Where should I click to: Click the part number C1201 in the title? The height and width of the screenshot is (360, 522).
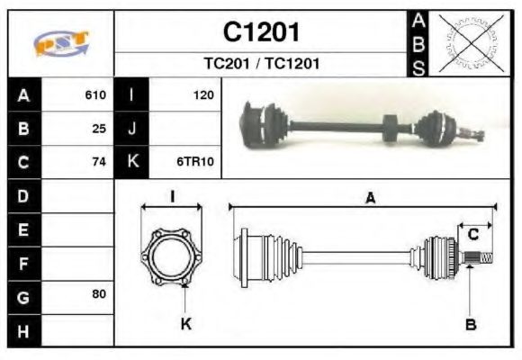point(261,32)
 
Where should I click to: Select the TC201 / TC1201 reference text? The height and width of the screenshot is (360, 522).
point(261,64)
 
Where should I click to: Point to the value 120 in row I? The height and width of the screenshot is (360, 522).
point(202,94)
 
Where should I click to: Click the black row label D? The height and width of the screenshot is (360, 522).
point(22,195)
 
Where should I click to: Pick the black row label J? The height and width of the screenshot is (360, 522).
point(132,128)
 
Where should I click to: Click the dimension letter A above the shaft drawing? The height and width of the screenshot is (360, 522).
point(369,199)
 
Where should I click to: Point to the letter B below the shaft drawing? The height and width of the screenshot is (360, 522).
point(470,324)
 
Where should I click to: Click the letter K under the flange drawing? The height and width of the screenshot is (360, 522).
point(185,324)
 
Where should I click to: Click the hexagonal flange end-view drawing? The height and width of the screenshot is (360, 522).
point(172,256)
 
